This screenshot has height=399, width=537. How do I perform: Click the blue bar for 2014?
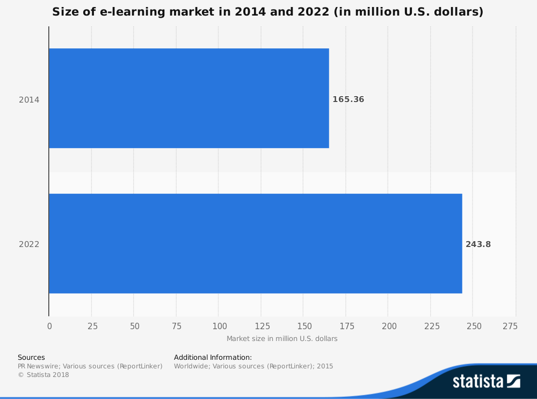point(188,98)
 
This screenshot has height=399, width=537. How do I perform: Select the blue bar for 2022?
point(255,243)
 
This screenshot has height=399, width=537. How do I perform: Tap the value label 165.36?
point(348,99)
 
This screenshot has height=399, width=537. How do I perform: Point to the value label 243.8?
point(478,244)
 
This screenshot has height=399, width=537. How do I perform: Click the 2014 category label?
point(29,99)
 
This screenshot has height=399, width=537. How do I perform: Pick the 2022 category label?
point(29,244)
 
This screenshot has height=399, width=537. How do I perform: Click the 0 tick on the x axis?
point(49,326)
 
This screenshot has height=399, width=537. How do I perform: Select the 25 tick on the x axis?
point(92,326)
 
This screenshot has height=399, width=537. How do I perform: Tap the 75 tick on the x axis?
point(177,326)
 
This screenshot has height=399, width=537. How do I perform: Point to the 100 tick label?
point(219,326)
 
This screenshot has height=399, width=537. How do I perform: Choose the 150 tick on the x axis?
point(304,326)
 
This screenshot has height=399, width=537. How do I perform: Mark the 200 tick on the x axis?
point(389,326)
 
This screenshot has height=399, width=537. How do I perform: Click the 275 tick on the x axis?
point(510,326)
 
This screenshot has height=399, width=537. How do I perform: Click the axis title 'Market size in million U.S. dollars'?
point(282,339)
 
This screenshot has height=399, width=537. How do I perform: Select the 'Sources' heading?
point(31,357)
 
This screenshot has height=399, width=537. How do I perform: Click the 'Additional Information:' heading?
point(213,357)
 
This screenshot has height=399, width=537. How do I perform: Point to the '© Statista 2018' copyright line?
point(43,375)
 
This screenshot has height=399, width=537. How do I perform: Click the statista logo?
point(486,381)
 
